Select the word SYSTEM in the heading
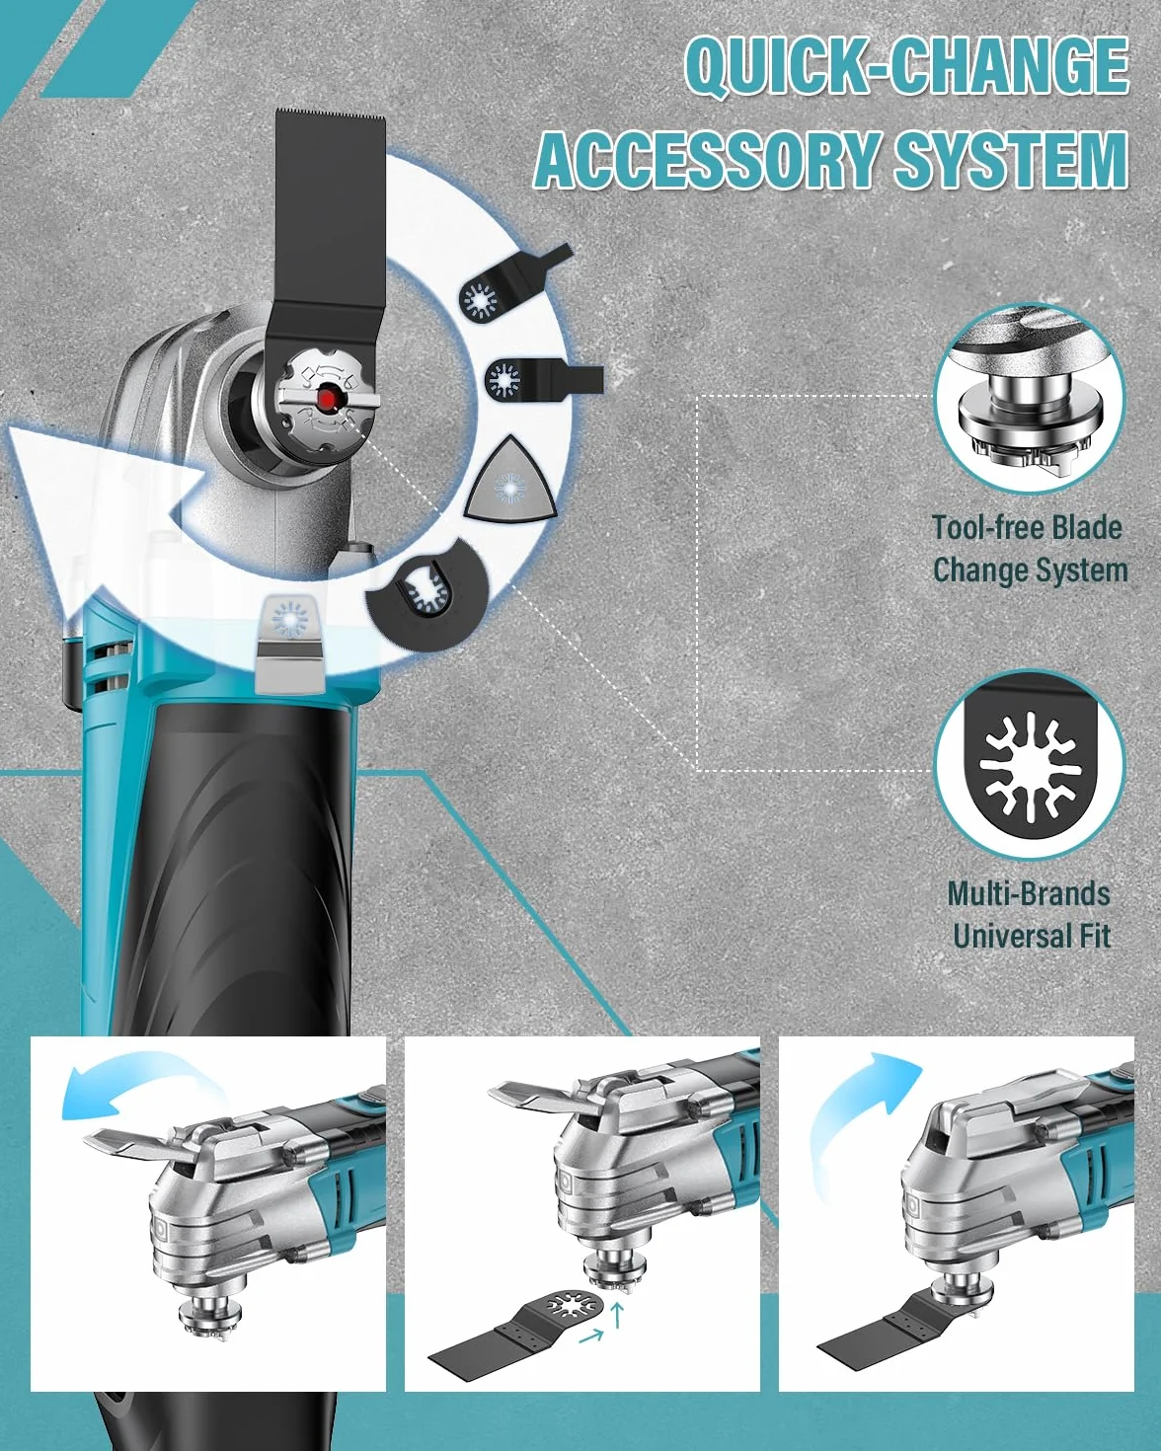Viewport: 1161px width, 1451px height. point(1011,160)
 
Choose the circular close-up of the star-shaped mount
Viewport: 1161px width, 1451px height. point(1030,764)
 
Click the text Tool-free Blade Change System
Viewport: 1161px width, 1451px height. point(1029,549)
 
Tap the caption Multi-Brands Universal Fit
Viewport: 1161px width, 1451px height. point(1030,915)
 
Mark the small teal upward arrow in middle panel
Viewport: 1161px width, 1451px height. point(615,1317)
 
